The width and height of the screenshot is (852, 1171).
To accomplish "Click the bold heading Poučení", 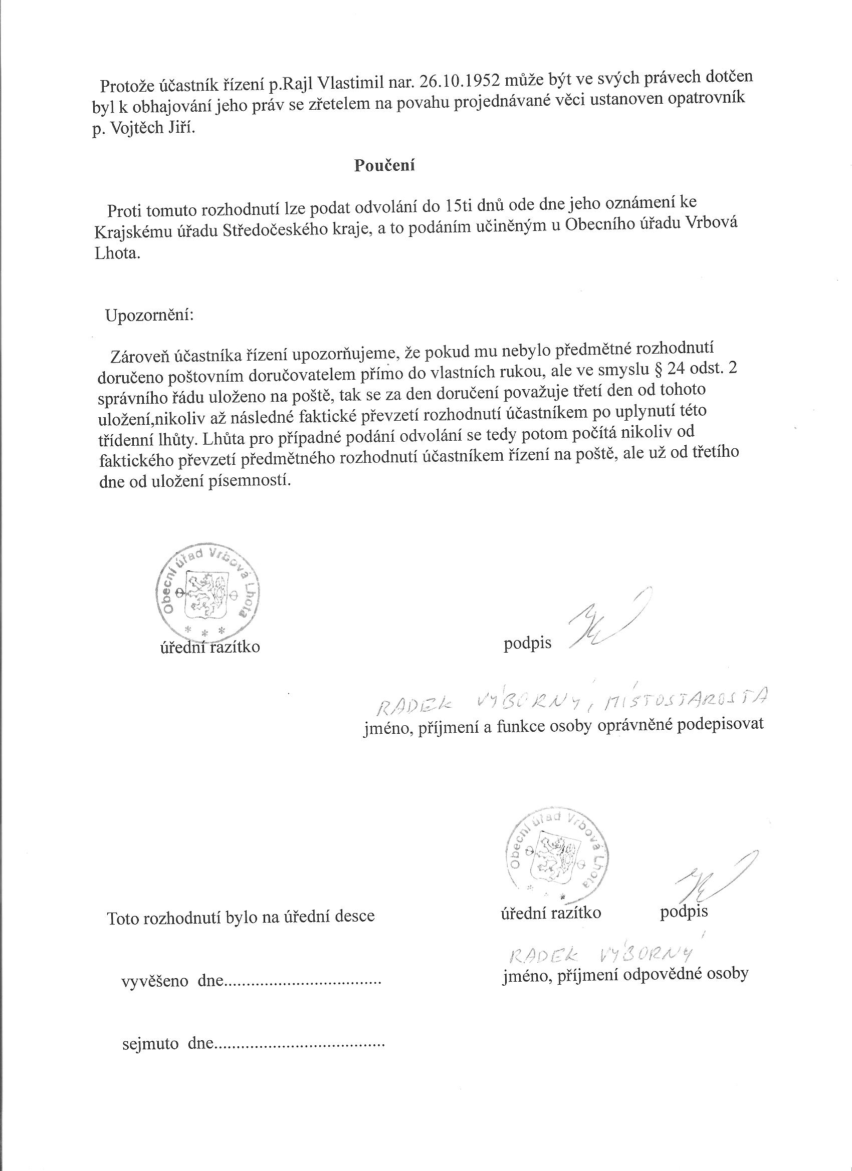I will (x=384, y=165).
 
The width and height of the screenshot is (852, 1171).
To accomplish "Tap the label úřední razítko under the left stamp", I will (x=209, y=647).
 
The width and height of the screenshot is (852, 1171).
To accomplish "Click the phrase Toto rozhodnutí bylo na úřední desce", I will (x=240, y=917).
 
